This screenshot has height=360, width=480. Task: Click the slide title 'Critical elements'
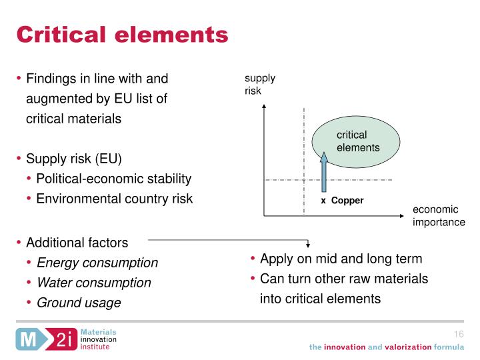[x=122, y=33]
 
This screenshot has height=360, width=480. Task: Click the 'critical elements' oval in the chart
[x=357, y=141]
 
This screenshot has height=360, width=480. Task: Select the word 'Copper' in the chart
[x=347, y=200]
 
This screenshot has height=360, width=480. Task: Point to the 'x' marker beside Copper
[x=323, y=200]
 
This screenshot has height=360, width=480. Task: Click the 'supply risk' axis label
[x=259, y=85]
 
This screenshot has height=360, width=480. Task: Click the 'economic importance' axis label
[x=439, y=216]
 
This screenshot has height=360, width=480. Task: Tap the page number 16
[x=458, y=334]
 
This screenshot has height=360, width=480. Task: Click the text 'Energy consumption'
[x=97, y=263]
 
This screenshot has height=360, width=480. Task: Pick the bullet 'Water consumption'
[x=94, y=283]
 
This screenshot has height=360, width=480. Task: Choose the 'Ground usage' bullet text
[x=79, y=303]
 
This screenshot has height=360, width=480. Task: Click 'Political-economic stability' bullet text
[x=114, y=179]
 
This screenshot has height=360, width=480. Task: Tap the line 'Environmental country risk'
[x=115, y=199]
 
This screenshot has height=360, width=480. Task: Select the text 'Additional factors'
[x=77, y=243]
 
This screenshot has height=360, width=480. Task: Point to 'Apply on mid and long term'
[x=341, y=259]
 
